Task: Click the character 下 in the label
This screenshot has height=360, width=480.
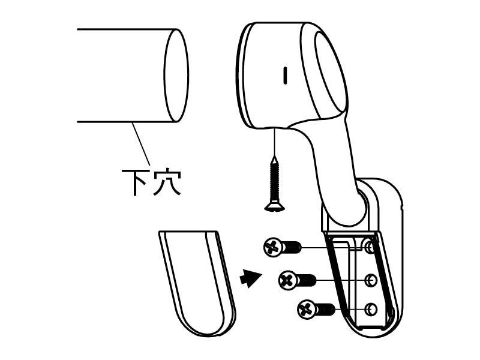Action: click(134, 182)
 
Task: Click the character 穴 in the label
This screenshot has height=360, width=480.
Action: click(167, 182)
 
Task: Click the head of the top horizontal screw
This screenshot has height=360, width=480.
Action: click(273, 247)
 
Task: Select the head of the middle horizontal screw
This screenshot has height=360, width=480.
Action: click(288, 280)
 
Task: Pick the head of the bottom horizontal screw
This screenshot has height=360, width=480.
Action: click(307, 309)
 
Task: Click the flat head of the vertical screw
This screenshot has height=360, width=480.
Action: click(275, 207)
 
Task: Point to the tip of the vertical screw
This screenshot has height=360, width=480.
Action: click(275, 156)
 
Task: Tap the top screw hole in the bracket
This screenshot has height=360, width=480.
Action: click(370, 247)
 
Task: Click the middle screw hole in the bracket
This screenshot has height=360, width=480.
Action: click(371, 280)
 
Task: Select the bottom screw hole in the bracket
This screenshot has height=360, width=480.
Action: click(371, 309)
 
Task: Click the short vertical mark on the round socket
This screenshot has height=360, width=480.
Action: click(286, 76)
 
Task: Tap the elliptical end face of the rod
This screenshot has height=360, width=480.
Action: click(176, 76)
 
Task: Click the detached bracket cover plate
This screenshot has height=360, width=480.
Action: click(197, 283)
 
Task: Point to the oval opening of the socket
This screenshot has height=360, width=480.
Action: click(331, 71)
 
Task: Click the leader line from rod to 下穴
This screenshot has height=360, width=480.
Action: click(141, 144)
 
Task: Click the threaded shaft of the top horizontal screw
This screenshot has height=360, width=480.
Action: click(292, 247)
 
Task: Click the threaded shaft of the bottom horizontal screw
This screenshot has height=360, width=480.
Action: click(325, 310)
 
